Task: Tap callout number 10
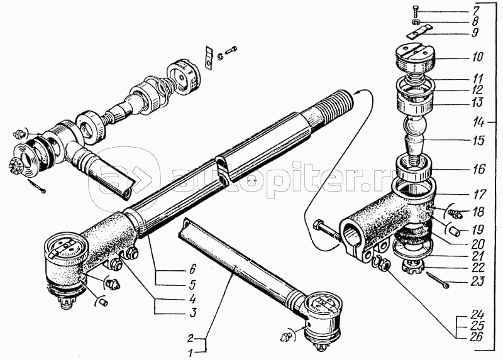477,57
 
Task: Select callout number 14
479,123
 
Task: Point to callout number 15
478,140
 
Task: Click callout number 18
478,212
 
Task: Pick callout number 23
478,282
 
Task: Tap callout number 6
192,269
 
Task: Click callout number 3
192,313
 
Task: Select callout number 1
191,353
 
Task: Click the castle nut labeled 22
414,265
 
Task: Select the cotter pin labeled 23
436,280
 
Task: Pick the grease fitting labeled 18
455,213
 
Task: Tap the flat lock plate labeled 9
417,33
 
